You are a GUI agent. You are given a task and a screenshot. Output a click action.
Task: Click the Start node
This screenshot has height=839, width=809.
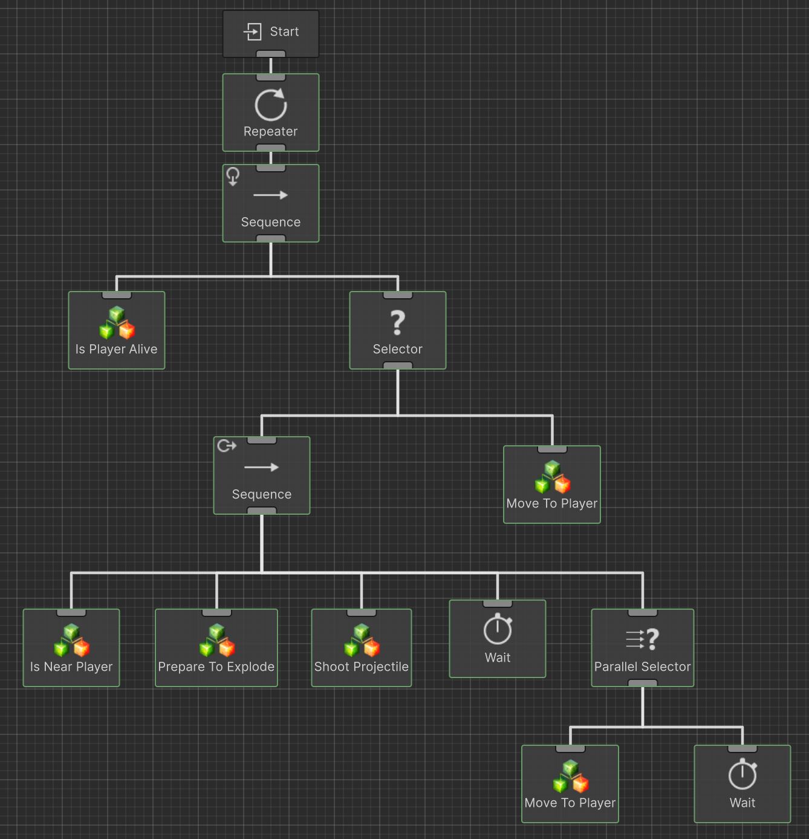pos(270,34)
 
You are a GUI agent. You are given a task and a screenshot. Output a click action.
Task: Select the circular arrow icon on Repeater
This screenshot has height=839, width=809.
pos(270,105)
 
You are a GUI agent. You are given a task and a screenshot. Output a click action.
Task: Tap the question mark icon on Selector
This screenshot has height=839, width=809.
pos(397,322)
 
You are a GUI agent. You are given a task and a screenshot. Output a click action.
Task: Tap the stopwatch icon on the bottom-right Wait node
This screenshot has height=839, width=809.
pos(742,775)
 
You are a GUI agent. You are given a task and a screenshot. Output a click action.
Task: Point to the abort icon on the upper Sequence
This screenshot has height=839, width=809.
pos(233,176)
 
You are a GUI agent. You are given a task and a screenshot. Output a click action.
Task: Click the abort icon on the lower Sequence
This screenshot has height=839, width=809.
pos(227,446)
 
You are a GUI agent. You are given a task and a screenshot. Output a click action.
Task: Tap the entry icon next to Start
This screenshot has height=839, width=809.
pos(253,31)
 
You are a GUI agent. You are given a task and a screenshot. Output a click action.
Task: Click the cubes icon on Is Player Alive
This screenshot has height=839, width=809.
pos(117,322)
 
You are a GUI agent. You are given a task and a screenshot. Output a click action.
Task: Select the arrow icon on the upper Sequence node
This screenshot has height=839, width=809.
pos(270,195)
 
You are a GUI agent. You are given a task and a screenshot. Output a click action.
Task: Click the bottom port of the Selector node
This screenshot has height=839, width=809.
pos(398,365)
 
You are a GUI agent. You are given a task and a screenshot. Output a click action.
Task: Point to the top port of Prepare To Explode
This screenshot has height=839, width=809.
pos(216,613)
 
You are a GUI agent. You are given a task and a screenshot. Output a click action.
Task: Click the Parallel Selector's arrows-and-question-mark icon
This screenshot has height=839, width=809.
pos(642,639)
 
